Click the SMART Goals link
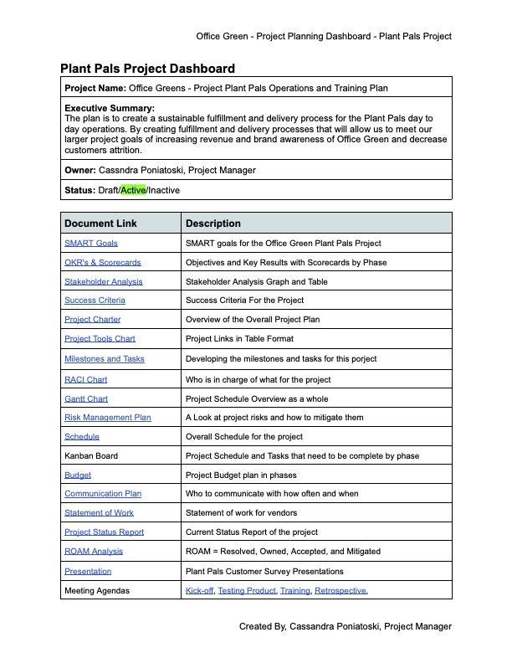click(91, 243)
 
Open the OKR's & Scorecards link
click(103, 262)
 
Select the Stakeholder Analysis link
click(104, 281)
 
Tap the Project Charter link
click(93, 319)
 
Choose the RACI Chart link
click(86, 379)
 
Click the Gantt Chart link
click(86, 398)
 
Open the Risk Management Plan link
click(108, 417)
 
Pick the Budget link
click(78, 475)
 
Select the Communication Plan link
click(103, 494)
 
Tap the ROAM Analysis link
click(94, 551)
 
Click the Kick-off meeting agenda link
click(199, 591)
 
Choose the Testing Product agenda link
click(247, 591)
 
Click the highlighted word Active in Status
click(133, 190)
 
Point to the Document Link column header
click(101, 224)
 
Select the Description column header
click(213, 224)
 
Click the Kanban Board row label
click(91, 455)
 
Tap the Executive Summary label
click(110, 109)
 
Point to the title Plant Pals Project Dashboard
click(147, 69)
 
